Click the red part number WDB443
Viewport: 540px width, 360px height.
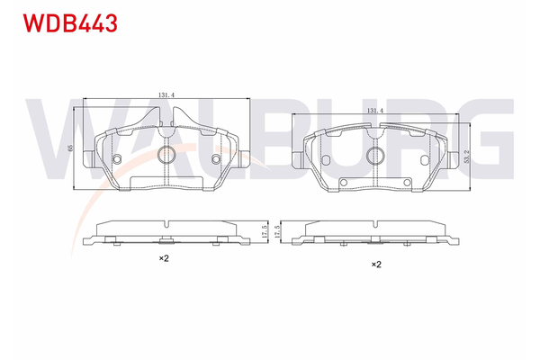70,23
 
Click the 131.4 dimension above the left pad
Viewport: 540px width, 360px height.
166,94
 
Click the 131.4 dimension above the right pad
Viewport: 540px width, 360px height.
375,111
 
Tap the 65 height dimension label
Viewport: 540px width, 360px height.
70,148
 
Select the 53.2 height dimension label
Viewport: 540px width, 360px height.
466,156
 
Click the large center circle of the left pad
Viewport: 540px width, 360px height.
166,155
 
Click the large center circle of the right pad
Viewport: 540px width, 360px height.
375,156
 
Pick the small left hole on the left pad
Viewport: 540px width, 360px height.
117,158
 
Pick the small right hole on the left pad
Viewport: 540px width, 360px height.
216,158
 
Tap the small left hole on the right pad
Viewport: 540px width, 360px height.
325,159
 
